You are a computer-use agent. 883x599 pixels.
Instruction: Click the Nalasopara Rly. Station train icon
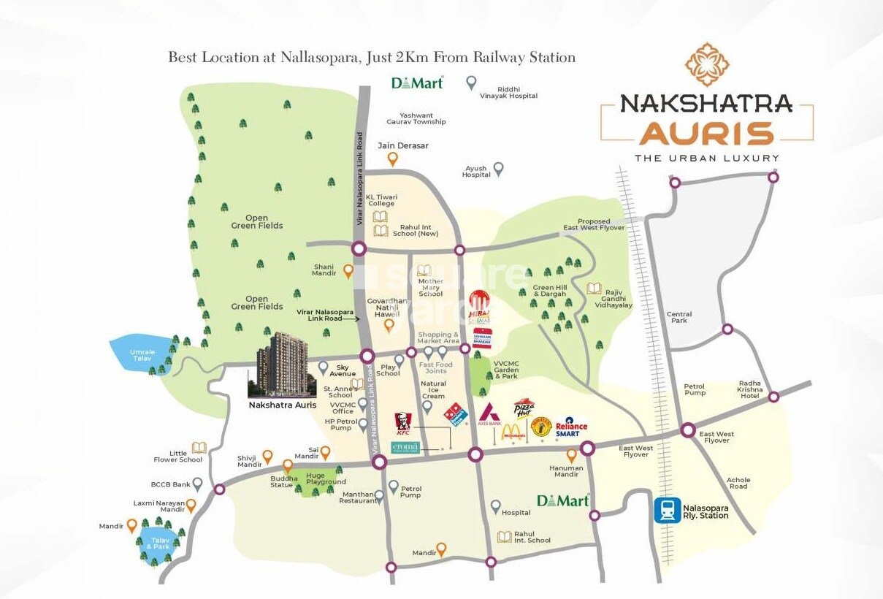point(666,510)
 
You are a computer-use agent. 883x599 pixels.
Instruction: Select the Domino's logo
point(456,414)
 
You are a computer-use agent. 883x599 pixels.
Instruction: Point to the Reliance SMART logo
point(570,428)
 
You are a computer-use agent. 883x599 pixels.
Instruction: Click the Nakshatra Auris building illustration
point(282,362)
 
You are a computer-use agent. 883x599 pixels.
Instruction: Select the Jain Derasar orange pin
point(393,159)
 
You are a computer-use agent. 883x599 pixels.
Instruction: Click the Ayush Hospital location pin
point(499,169)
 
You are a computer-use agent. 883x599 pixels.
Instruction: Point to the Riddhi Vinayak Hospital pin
point(472,83)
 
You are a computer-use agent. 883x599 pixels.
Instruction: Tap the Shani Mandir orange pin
point(348,271)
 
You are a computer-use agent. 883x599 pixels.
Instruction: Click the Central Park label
point(679,317)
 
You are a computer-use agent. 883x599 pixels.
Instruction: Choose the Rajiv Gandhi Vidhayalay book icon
point(594,289)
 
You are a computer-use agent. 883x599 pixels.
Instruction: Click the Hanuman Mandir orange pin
point(572,455)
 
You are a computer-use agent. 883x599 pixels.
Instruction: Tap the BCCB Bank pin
point(197,483)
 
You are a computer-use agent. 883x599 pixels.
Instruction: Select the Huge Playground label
point(326,478)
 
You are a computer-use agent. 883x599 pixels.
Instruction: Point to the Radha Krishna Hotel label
point(750,389)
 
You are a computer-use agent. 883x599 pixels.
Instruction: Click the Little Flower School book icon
point(199,447)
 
